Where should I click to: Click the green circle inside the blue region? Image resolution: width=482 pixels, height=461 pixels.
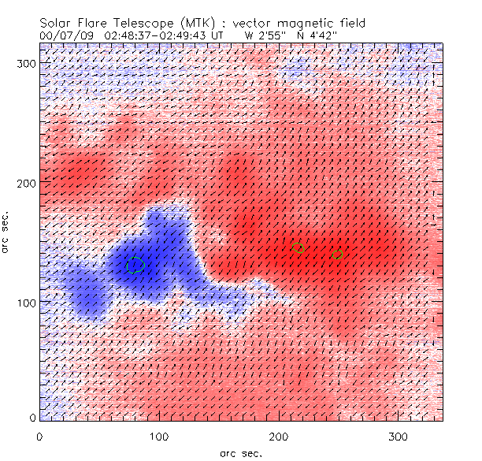point(135,265)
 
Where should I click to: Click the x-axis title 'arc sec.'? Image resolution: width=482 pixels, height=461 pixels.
point(240,452)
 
